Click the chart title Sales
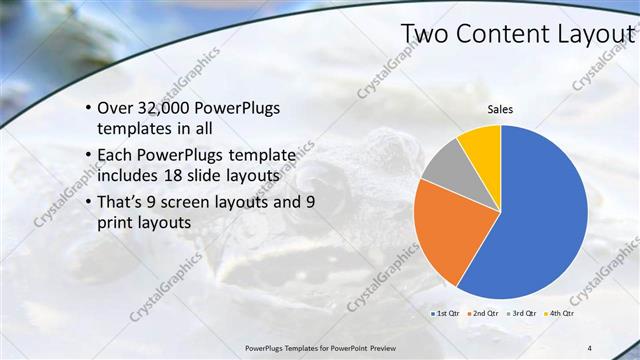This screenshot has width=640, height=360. pos(500,109)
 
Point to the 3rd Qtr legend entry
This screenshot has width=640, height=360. pos(523,313)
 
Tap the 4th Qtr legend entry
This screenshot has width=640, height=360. pos(558,313)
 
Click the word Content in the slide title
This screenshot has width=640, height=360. pos(499,34)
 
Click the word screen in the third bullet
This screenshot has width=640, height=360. pos(195,202)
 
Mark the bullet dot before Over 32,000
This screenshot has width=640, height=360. pos(89,109)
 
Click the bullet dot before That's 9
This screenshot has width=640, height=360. pos(89,203)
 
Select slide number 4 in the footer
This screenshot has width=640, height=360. pos(589,347)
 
